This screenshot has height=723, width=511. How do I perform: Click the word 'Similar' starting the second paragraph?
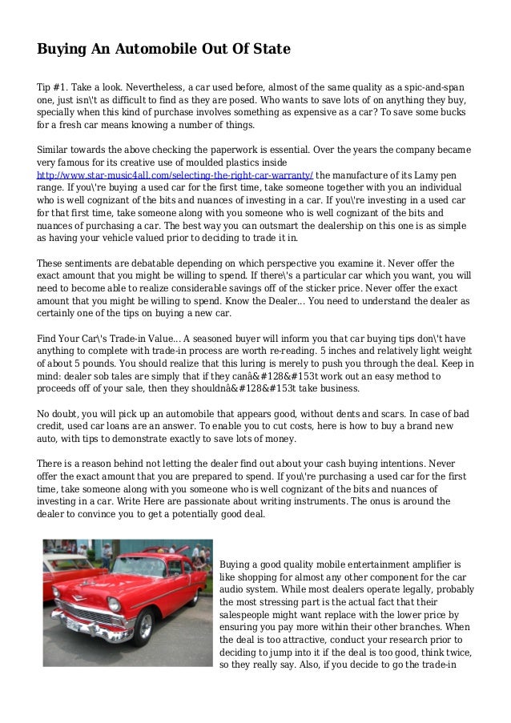tap(54, 149)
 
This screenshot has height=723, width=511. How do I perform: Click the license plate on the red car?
tap(74, 624)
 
